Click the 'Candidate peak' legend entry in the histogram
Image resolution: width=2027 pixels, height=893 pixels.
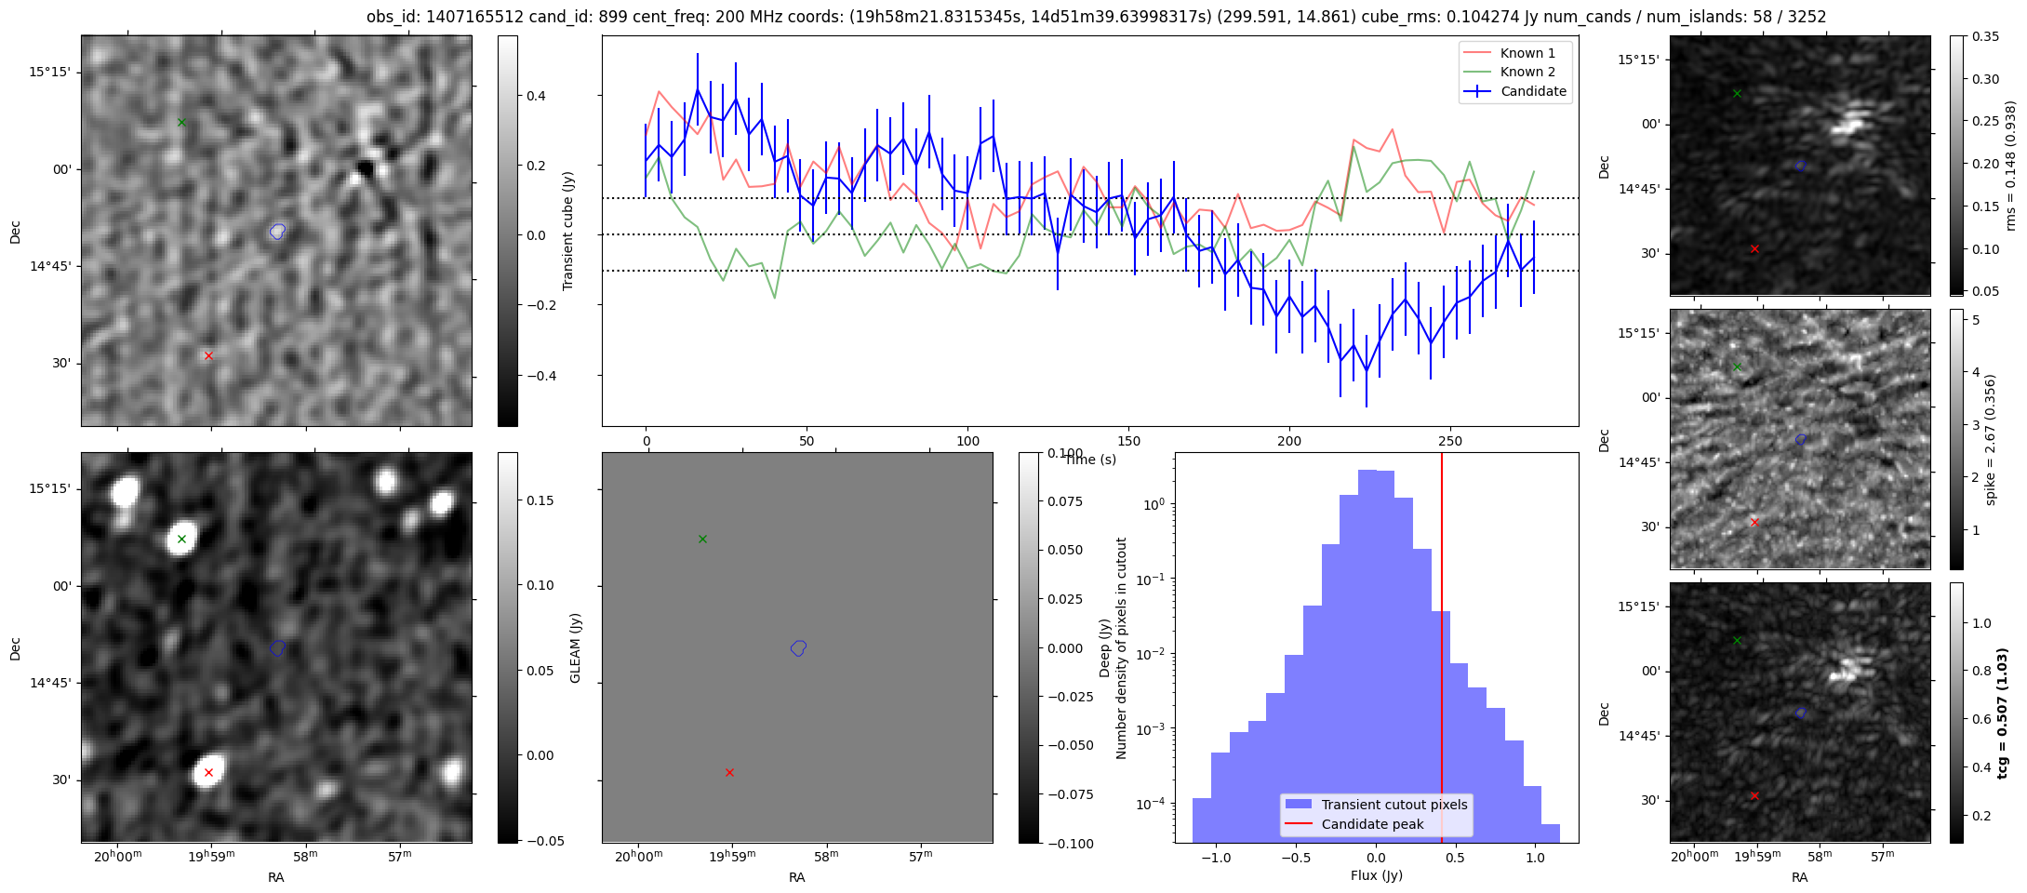pyautogui.click(x=1372, y=824)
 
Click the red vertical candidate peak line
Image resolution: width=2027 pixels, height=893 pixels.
pyautogui.click(x=1442, y=651)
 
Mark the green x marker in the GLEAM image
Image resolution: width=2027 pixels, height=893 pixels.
pyautogui.click(x=182, y=540)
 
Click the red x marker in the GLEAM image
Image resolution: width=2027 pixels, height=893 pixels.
pyautogui.click(x=208, y=772)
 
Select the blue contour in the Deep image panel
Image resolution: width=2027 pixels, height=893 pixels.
pyautogui.click(x=798, y=647)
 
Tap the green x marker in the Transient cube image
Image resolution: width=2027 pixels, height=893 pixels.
pyautogui.click(x=182, y=122)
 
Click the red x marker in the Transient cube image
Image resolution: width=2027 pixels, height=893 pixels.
pyautogui.click(x=208, y=355)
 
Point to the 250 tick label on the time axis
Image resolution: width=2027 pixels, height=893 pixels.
pyautogui.click(x=1449, y=441)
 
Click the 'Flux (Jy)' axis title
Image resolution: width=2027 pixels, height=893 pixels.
pyautogui.click(x=1376, y=875)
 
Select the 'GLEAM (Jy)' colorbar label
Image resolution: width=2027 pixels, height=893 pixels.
pyautogui.click(x=576, y=648)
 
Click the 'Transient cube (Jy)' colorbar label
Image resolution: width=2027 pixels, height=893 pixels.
pyautogui.click(x=567, y=231)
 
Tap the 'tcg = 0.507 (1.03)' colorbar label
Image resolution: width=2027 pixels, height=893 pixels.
pyautogui.click(x=2001, y=713)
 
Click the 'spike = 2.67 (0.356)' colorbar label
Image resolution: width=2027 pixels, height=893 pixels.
pyautogui.click(x=1990, y=439)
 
